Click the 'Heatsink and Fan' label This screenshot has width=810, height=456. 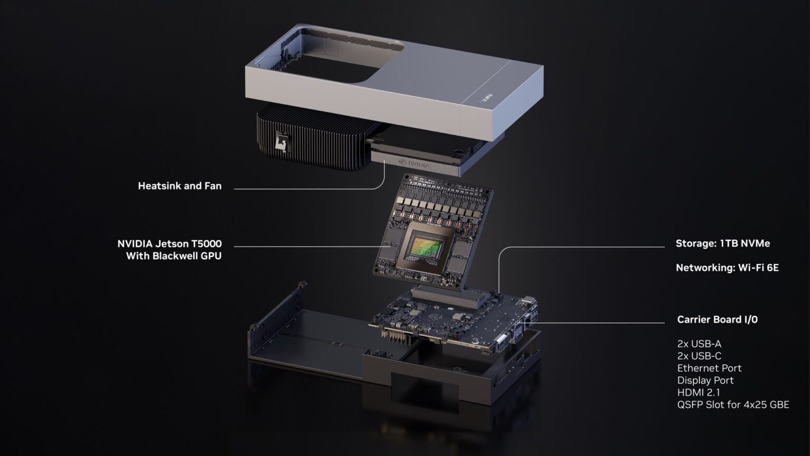179,186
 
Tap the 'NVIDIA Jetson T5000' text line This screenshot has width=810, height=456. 169,244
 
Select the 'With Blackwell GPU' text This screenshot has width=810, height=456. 173,256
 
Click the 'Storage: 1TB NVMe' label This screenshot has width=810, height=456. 722,243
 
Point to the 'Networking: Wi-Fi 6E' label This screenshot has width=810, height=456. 727,268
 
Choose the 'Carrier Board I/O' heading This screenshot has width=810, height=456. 717,319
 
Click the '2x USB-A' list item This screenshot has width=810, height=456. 699,344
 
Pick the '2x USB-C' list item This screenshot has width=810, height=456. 699,356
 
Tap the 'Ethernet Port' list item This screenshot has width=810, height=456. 709,368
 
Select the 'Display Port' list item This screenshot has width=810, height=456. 705,381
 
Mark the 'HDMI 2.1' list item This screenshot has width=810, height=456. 698,393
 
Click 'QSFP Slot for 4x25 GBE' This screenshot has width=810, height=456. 733,405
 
